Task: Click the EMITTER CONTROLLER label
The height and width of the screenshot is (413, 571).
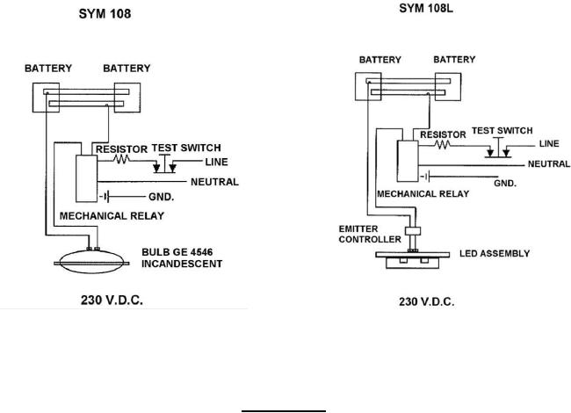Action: pyautogui.click(x=365, y=235)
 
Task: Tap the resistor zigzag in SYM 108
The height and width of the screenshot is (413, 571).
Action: pyautogui.click(x=125, y=162)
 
